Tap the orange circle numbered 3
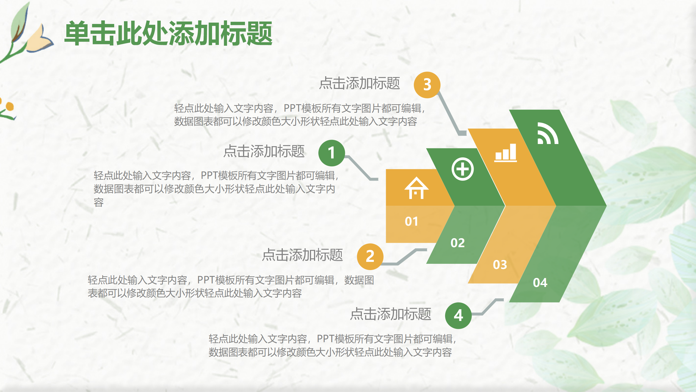pyautogui.click(x=427, y=85)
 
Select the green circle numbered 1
pyautogui.click(x=331, y=153)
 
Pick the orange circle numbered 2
pyautogui.click(x=370, y=256)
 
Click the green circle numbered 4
pyautogui.click(x=458, y=316)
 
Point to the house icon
pyautogui.click(x=416, y=188)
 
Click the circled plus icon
pyautogui.click(x=462, y=169)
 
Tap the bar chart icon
pyautogui.click(x=505, y=153)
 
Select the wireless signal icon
pyautogui.click(x=547, y=133)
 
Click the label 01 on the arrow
pyautogui.click(x=411, y=222)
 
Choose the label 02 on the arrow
pyautogui.click(x=458, y=243)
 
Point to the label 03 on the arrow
pyautogui.click(x=500, y=265)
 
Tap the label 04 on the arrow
pyautogui.click(x=540, y=283)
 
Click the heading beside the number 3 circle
pyautogui.click(x=359, y=83)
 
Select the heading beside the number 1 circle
pyautogui.click(x=264, y=151)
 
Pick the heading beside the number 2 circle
pyautogui.click(x=302, y=255)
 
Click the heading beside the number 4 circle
pyautogui.click(x=391, y=314)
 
